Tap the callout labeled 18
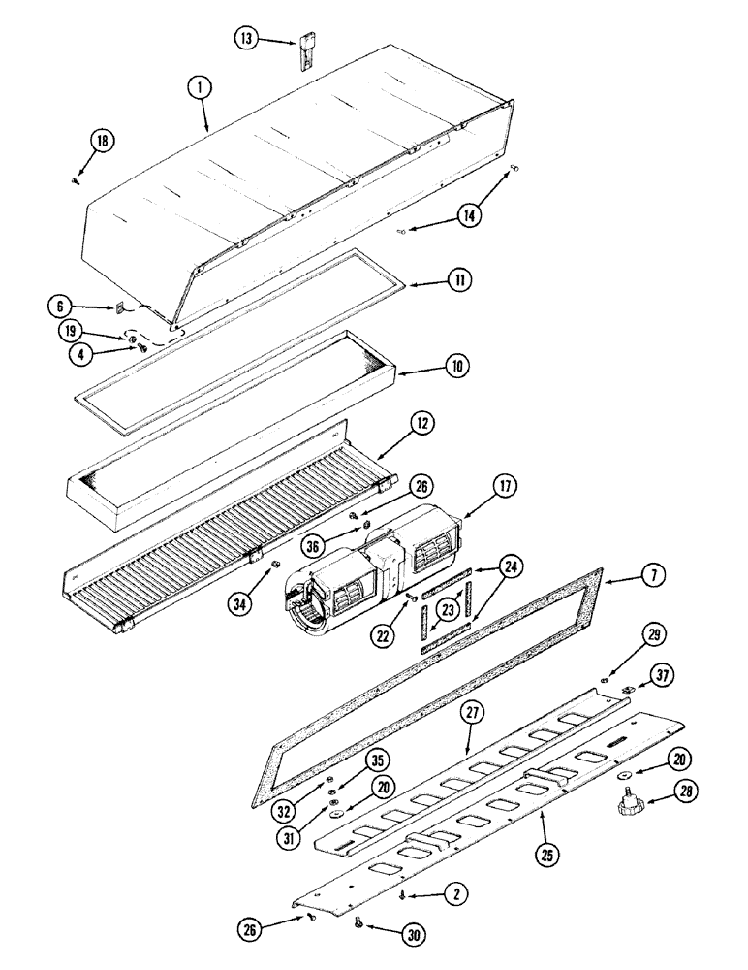pyautogui.click(x=102, y=141)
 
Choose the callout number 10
pyautogui.click(x=457, y=367)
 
